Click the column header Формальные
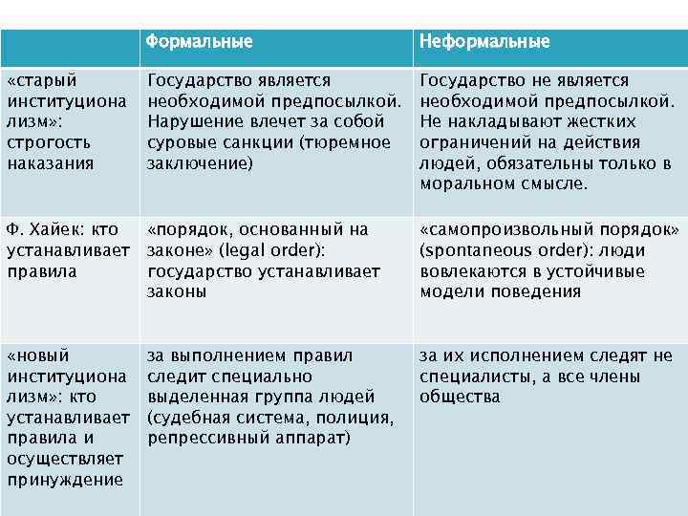coord(200,42)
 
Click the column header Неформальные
coord(484,42)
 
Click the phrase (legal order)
coord(279,250)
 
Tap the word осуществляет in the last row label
coord(59,460)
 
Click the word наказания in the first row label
coord(51,163)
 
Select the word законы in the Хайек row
coord(177,292)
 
